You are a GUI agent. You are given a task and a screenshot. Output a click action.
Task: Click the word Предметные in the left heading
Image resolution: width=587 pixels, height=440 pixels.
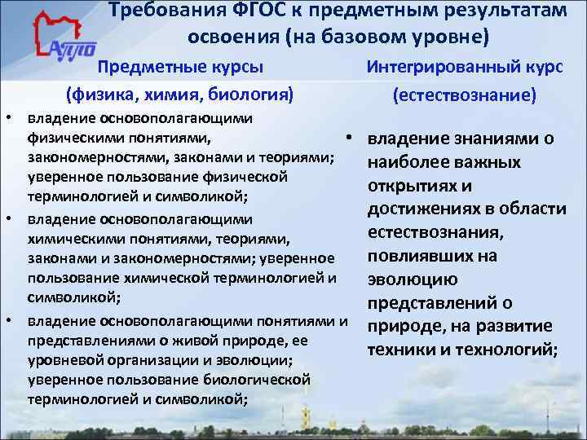[x=142, y=66]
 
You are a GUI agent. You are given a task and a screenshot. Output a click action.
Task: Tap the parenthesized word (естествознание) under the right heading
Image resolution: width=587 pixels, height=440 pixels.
[x=464, y=95]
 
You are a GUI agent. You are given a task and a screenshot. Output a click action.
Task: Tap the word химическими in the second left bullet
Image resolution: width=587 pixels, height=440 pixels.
[x=71, y=239]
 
